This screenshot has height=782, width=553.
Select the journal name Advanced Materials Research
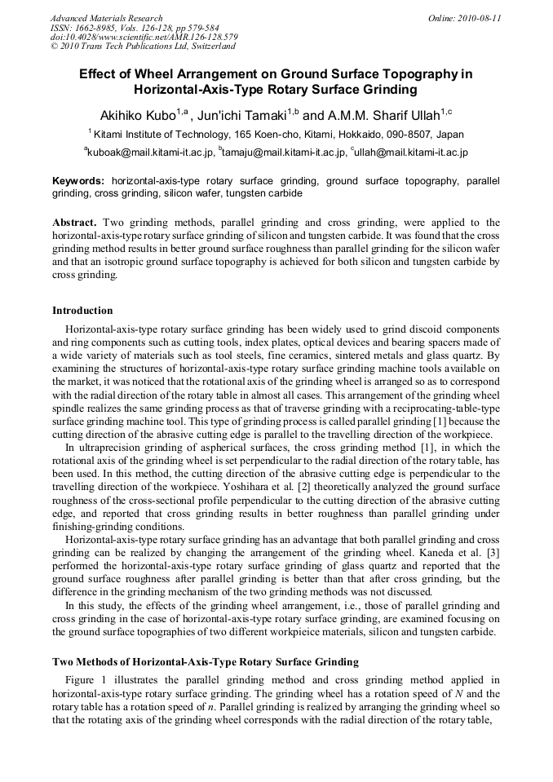tap(106, 18)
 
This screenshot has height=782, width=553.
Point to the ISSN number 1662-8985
tap(97, 28)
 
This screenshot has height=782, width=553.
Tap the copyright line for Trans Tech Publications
tap(143, 46)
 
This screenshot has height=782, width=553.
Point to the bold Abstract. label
tap(75, 223)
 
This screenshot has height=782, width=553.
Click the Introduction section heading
tap(82, 311)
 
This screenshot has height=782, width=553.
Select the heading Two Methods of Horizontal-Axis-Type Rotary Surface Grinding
tap(205, 661)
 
